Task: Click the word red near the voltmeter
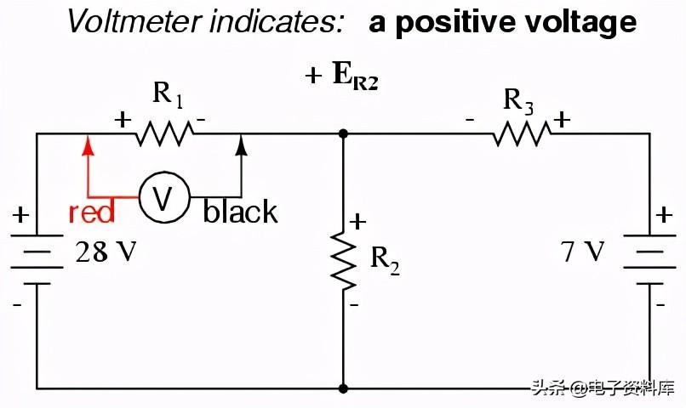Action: tap(91, 212)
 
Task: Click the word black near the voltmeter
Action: tap(240, 212)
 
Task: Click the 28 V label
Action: tap(106, 252)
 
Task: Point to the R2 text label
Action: tap(385, 261)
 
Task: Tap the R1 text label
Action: tap(168, 94)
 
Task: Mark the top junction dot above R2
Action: tap(343, 133)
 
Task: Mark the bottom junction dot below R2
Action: tap(343, 388)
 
